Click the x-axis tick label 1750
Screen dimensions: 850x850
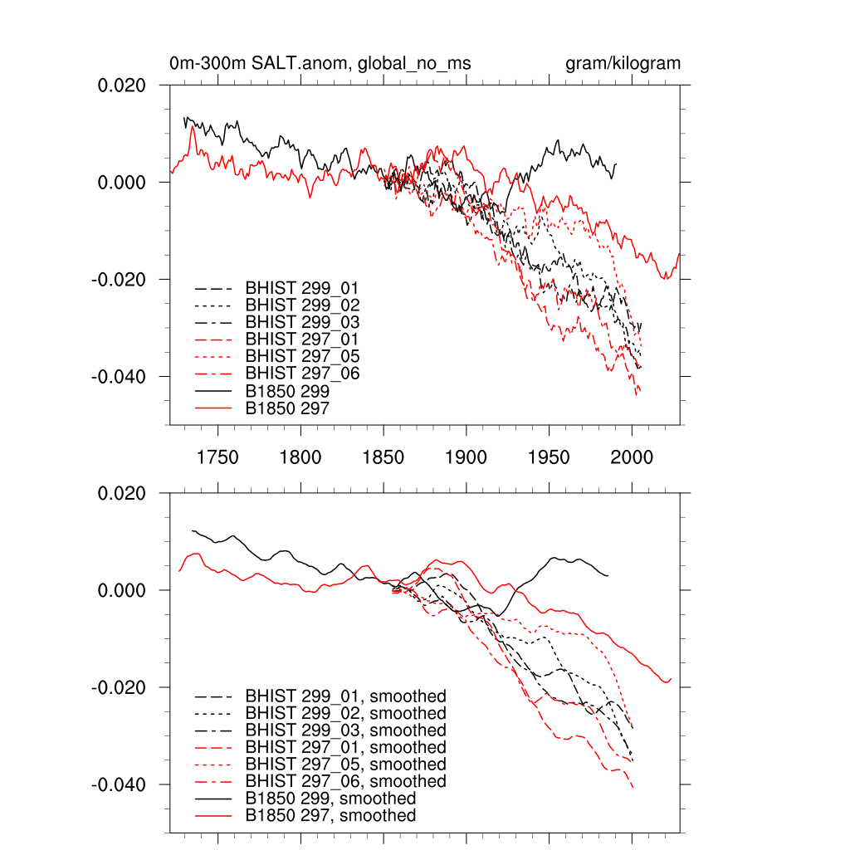[217, 457]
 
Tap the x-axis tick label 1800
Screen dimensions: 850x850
[300, 457]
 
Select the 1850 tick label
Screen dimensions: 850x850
[383, 457]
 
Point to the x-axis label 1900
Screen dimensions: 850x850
[467, 457]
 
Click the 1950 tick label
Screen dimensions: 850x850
[550, 457]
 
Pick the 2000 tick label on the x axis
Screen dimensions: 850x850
[633, 457]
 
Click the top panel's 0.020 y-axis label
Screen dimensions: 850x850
[123, 85]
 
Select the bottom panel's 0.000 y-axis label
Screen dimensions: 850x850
[123, 591]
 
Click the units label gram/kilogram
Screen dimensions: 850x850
[623, 64]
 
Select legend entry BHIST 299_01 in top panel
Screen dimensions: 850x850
[302, 288]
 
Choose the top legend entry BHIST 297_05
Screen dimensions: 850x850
[302, 356]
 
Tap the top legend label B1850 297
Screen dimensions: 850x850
[287, 408]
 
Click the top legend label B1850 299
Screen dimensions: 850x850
[287, 390]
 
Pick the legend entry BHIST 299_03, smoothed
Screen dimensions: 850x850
[345, 730]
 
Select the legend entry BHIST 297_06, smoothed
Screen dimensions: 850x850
[345, 782]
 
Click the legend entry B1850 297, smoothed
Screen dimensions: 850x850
[330, 816]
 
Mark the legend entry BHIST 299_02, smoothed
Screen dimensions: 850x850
[345, 714]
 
